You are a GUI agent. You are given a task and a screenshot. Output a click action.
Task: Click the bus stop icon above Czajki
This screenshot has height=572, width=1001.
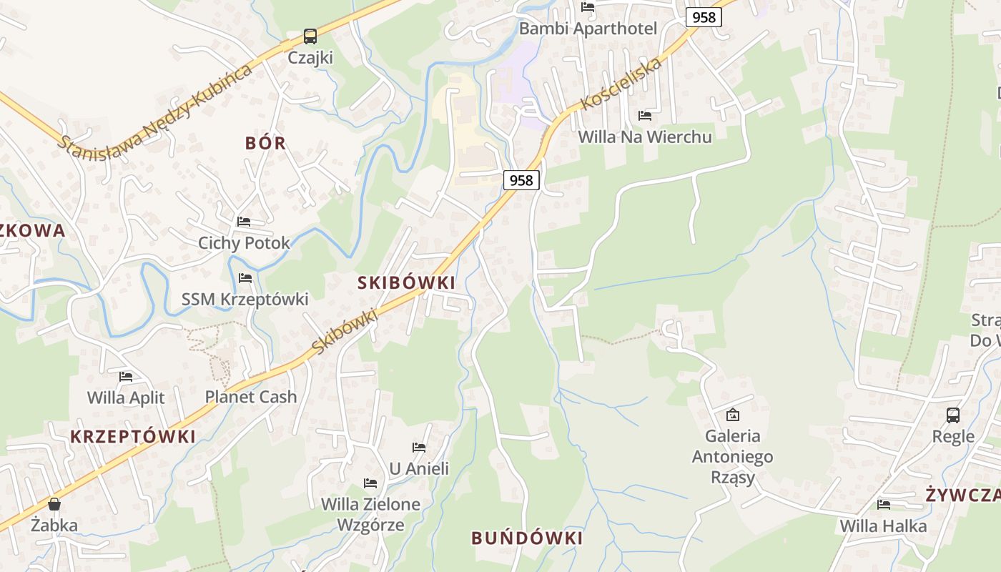click(310, 36)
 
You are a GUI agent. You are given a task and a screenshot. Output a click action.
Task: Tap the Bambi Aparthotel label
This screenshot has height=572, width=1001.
click(588, 29)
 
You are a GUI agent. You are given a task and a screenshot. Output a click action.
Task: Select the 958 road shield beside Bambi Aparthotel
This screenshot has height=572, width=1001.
click(704, 17)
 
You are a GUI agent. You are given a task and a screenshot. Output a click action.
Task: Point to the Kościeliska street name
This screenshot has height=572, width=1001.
click(621, 84)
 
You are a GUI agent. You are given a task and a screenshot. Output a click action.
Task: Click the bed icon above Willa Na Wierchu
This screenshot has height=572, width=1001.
click(645, 116)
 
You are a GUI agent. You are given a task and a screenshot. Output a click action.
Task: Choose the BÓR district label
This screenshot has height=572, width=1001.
click(265, 143)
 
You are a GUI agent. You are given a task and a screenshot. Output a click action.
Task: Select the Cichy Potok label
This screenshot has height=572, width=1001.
click(244, 243)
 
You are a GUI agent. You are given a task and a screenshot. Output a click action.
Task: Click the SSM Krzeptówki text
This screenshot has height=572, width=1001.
click(245, 299)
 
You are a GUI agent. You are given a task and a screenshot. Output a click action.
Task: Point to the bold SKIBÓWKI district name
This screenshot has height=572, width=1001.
click(406, 282)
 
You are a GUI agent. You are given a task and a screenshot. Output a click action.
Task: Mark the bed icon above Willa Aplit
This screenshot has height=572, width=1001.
click(126, 376)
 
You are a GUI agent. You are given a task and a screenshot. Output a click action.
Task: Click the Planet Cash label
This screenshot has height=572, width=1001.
click(250, 397)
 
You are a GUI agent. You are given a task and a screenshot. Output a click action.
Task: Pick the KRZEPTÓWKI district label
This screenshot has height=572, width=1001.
click(132, 436)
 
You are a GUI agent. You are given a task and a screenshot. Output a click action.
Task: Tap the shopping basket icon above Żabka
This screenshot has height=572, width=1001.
click(54, 505)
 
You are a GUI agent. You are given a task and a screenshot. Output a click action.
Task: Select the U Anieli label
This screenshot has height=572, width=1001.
click(419, 468)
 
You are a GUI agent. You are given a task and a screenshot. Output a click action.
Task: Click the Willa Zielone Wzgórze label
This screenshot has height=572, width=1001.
click(370, 514)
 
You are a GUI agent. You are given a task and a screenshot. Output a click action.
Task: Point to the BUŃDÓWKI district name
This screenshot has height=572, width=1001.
click(527, 538)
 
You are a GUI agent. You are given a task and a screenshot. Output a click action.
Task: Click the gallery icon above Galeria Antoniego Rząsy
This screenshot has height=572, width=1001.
click(732, 415)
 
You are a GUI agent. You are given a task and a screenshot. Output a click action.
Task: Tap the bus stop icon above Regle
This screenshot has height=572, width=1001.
click(953, 415)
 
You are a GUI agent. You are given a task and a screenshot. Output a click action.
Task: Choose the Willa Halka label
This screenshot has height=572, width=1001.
click(883, 526)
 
